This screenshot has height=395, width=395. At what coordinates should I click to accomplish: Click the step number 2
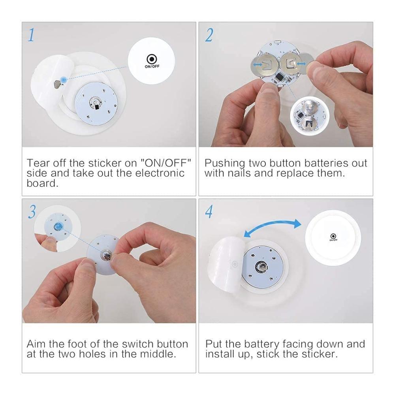point(209,35)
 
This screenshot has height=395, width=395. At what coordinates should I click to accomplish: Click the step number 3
point(32,212)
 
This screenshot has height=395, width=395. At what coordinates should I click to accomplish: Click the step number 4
point(209,212)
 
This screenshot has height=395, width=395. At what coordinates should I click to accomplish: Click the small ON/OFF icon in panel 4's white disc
point(333,237)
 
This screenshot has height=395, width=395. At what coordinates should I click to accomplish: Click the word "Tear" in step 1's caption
point(38,163)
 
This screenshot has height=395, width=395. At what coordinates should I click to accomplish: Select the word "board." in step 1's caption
point(42,183)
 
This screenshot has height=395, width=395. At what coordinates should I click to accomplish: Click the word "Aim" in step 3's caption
point(36,344)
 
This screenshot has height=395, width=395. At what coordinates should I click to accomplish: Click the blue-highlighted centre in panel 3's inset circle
point(57,227)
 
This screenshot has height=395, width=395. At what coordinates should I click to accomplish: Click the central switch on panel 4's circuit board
point(262,267)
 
